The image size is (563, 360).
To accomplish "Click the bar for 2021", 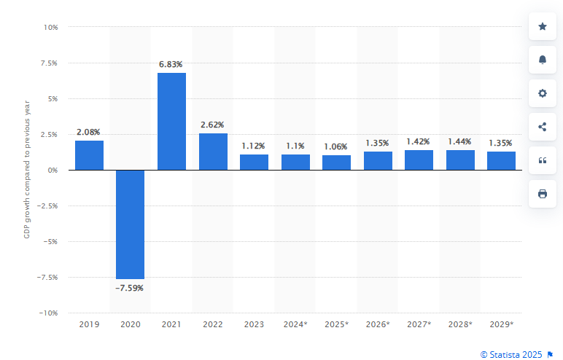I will (171, 121).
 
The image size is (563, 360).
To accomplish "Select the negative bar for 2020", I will (131, 224).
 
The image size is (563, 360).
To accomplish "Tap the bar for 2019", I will (89, 155).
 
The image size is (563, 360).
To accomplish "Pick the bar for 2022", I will (213, 152).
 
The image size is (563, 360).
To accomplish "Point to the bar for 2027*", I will (419, 160).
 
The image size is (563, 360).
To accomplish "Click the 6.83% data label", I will (171, 64).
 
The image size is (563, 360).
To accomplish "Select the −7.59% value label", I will (131, 288).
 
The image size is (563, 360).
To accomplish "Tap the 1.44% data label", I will (459, 141).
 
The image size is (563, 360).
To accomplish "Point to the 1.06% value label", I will (336, 146).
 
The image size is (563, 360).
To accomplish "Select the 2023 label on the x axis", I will (254, 324).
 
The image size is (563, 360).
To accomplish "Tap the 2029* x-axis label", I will (501, 324).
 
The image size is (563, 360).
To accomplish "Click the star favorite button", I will (542, 27).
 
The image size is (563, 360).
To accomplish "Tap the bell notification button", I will (542, 60).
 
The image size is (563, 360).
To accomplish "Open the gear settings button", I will (542, 93).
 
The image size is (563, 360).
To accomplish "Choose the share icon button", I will (542, 127).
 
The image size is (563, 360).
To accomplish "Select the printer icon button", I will (542, 193).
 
